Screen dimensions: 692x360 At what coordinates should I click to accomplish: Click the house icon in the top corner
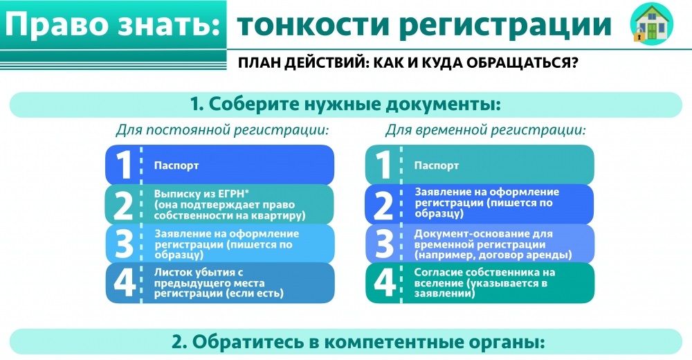point(651,24)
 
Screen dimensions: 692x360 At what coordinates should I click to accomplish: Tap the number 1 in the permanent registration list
point(124,165)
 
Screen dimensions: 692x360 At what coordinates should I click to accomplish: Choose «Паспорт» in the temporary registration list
point(437,165)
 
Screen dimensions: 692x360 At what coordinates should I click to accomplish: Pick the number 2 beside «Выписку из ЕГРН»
point(123,206)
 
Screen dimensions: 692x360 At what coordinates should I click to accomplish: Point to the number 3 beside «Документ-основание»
point(383,244)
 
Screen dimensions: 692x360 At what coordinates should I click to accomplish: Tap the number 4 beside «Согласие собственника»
point(384,282)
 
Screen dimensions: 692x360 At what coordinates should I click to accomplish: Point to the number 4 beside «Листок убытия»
point(125,282)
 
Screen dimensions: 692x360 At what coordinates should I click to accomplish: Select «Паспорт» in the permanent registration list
point(176,165)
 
